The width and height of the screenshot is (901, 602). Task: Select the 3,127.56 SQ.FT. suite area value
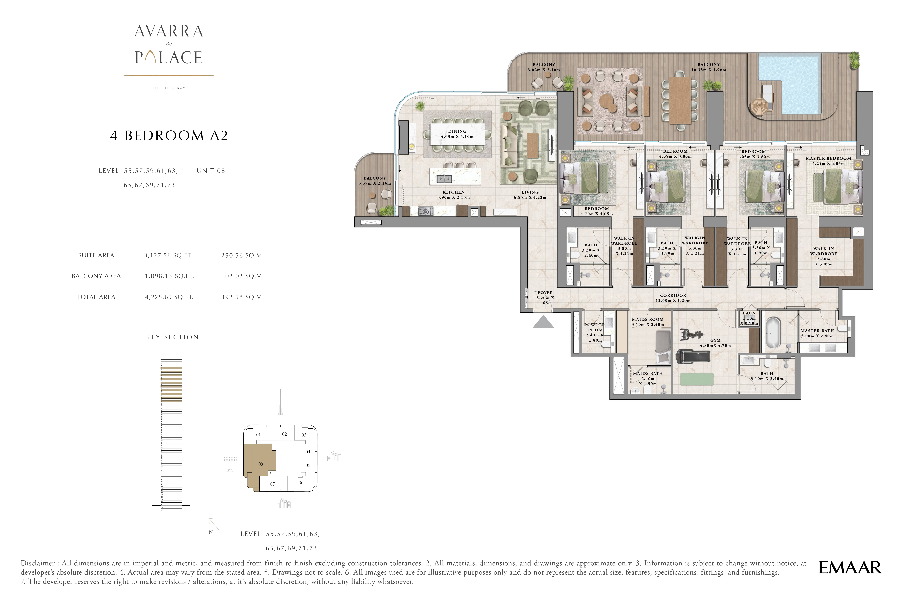(168, 255)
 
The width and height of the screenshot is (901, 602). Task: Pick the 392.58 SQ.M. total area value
(242, 297)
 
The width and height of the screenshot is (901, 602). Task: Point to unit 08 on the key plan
(260, 464)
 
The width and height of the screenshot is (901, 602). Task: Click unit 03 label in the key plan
(304, 435)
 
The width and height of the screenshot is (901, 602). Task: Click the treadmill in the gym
(692, 356)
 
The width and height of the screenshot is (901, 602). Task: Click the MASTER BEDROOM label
(828, 158)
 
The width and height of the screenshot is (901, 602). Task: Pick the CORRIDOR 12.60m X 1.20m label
(673, 298)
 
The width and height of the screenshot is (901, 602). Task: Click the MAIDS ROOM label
(648, 319)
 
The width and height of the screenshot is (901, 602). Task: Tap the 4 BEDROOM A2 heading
(169, 136)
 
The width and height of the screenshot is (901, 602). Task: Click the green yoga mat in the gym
(697, 379)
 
